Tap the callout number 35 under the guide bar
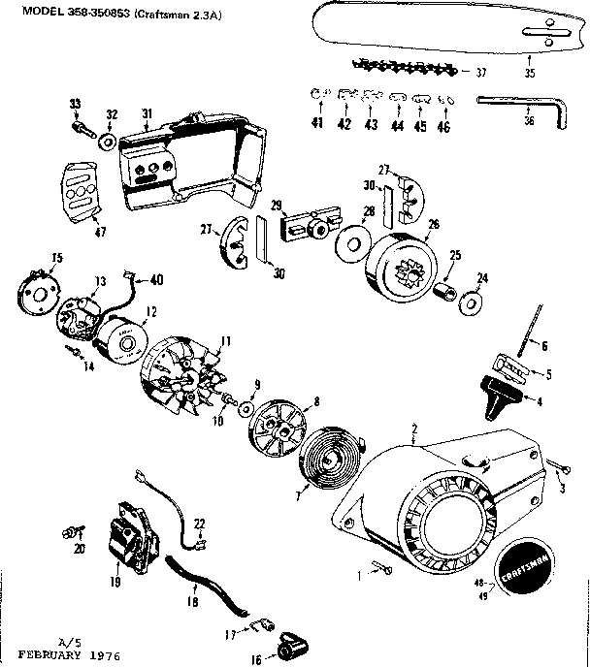point(529,73)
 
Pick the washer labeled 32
point(104,141)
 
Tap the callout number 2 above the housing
point(414,428)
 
